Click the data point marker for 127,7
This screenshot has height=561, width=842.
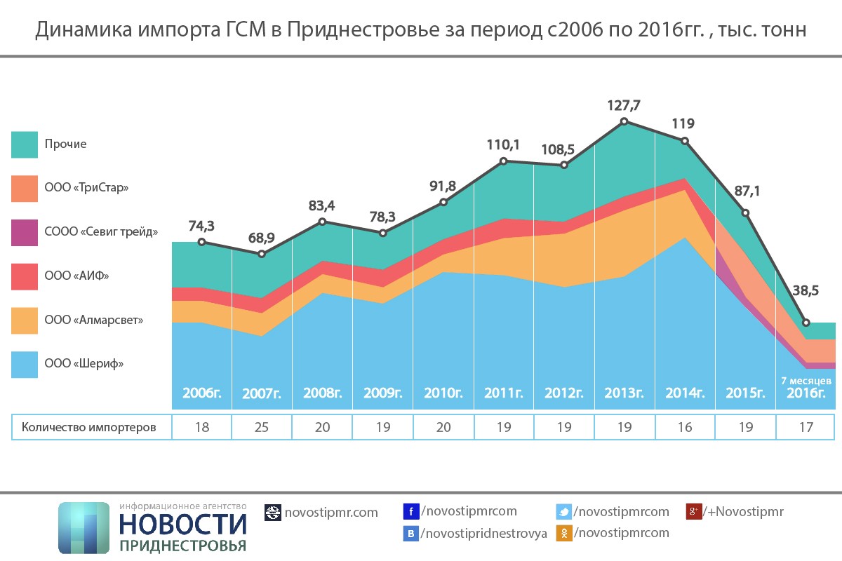pyautogui.click(x=624, y=121)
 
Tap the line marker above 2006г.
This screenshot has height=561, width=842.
pyautogui.click(x=202, y=242)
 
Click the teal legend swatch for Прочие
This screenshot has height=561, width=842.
pyautogui.click(x=25, y=144)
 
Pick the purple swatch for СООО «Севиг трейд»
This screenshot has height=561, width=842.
pyautogui.click(x=25, y=232)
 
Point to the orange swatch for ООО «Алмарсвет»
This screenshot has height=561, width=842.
pyautogui.click(x=25, y=320)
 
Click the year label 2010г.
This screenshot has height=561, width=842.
pyautogui.click(x=443, y=393)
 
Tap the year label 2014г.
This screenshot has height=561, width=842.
pyautogui.click(x=685, y=393)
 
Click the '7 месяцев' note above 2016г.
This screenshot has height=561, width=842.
pyautogui.click(x=806, y=381)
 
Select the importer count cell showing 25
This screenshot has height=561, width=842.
pyautogui.click(x=262, y=427)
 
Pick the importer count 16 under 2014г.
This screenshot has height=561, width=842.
pyautogui.click(x=685, y=427)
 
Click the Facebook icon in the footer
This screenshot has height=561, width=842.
pyautogui.click(x=411, y=512)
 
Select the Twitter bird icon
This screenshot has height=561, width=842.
pyautogui.click(x=563, y=512)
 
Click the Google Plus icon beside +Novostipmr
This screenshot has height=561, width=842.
pyautogui.click(x=694, y=512)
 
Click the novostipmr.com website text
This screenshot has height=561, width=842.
pyautogui.click(x=330, y=513)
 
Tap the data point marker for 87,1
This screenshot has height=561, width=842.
pyautogui.click(x=746, y=212)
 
